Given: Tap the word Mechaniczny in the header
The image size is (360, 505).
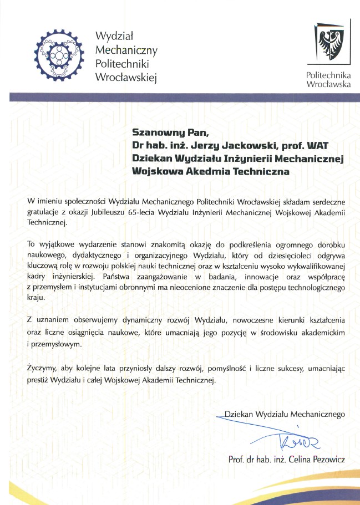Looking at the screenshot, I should [x=126, y=50].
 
